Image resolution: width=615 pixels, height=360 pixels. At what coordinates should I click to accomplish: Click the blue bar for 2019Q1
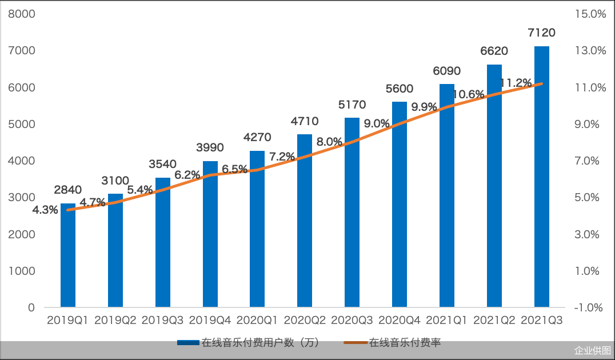(68, 257)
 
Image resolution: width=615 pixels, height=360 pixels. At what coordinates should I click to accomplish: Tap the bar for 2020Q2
(305, 229)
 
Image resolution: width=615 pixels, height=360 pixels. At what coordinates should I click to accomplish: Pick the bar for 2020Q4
(400, 211)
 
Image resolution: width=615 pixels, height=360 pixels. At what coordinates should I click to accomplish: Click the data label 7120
(542, 33)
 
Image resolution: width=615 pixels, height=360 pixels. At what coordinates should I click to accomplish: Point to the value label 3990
(210, 148)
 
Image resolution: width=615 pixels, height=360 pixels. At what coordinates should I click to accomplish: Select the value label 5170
(352, 105)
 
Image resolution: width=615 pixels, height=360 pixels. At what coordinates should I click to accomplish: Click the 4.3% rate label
(45, 210)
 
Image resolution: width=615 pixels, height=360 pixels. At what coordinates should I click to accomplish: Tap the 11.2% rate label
(516, 82)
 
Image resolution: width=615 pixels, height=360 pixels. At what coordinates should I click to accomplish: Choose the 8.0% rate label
(330, 142)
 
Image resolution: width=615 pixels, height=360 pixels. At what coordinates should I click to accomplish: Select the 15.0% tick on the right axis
(590, 14)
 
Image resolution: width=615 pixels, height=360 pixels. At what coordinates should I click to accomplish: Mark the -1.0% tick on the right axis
(590, 307)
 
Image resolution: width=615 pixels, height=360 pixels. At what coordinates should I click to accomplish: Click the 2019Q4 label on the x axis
(210, 321)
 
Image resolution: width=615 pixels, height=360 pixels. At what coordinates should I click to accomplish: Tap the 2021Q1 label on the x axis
(447, 321)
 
